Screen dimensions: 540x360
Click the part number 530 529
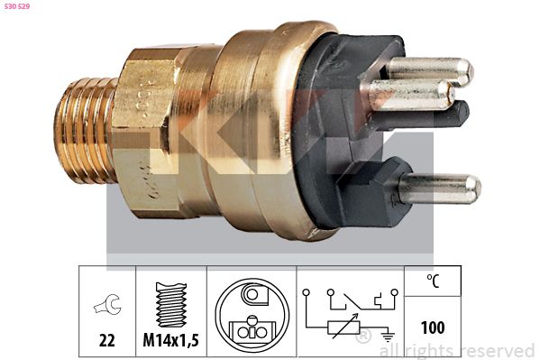(x=16, y=6)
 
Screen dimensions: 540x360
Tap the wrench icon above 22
(x=108, y=304)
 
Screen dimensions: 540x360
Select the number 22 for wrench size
(x=107, y=340)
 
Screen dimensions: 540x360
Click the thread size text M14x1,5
(x=170, y=340)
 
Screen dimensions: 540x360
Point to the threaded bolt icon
(x=171, y=304)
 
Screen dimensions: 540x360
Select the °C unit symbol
(x=433, y=281)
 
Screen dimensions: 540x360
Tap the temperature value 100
(x=433, y=328)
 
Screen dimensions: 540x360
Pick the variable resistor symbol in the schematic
(x=344, y=327)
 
